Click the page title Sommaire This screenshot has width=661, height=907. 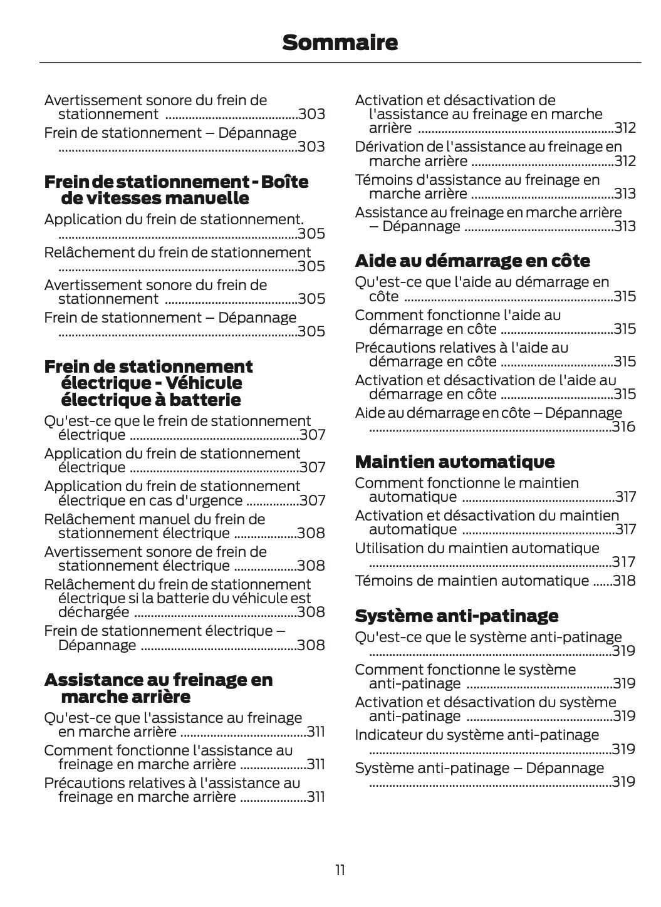click(340, 43)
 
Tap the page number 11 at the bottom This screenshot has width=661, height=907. click(340, 870)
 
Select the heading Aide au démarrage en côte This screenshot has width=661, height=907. click(472, 261)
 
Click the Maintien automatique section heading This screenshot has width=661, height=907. click(454, 462)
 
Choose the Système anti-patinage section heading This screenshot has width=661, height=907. click(456, 616)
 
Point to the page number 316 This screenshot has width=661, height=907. click(623, 427)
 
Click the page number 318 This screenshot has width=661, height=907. click(624, 581)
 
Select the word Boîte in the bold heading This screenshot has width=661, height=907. click(285, 182)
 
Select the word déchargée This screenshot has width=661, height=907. click(94, 612)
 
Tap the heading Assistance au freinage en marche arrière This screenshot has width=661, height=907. click(159, 688)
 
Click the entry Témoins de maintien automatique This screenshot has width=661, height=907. click(472, 581)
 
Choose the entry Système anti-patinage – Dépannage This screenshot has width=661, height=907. click(479, 768)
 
